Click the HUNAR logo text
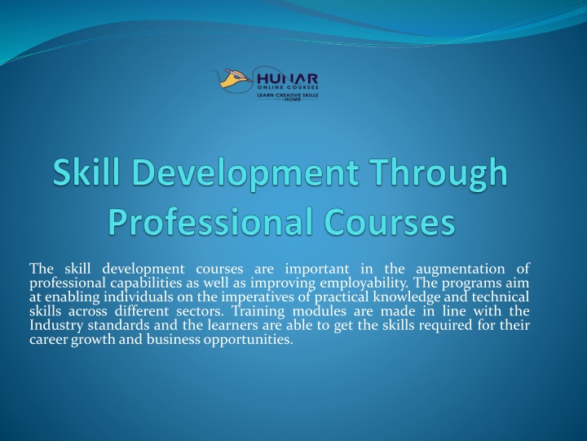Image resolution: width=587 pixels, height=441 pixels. coord(287,78)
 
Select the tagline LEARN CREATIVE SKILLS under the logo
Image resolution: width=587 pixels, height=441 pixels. coord(287,96)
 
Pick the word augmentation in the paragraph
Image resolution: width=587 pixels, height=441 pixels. coord(461,269)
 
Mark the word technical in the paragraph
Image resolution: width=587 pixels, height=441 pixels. coord(501,297)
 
